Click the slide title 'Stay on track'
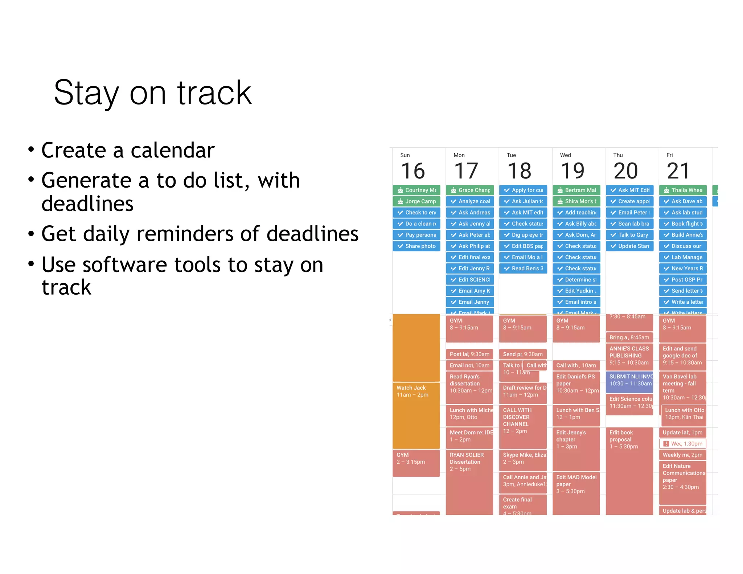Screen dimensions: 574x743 click(153, 93)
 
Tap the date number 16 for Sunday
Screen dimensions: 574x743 click(413, 171)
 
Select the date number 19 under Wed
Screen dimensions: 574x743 click(572, 171)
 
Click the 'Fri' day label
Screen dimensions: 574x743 click(669, 155)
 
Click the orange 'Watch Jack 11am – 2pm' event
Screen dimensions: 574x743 click(416, 391)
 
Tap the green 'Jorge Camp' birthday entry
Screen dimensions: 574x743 click(416, 201)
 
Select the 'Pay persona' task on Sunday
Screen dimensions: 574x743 click(416, 235)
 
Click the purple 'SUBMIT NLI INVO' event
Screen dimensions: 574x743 click(629, 380)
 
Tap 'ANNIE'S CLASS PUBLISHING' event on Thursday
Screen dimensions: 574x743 click(629, 356)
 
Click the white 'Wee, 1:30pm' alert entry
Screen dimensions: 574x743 click(682, 444)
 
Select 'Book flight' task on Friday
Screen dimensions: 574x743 click(683, 224)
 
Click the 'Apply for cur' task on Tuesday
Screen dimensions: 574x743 click(523, 190)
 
